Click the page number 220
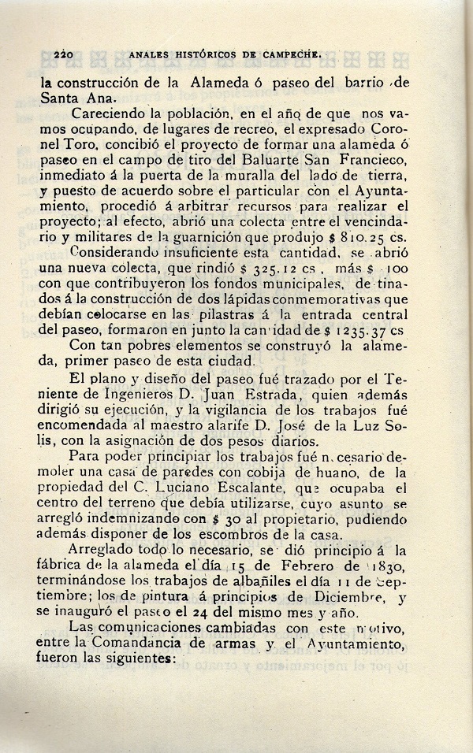tap(63, 56)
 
